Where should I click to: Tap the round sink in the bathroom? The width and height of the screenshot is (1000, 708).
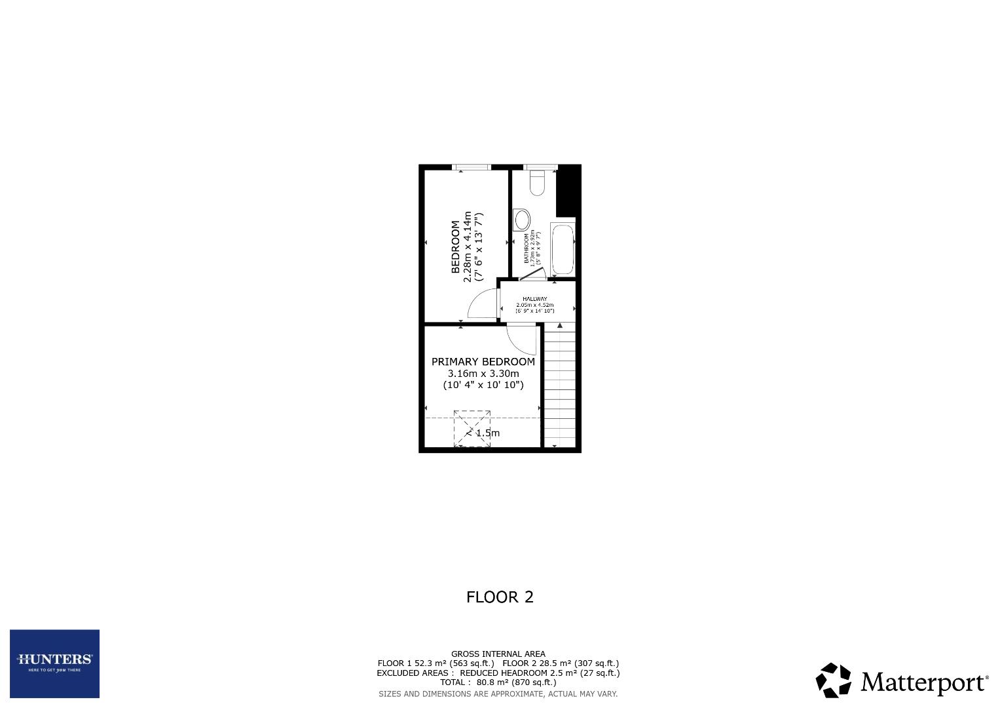coord(523,218)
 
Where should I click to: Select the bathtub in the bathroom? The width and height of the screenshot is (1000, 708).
coord(563,250)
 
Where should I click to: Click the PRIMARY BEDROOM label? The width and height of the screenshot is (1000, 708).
coord(483,362)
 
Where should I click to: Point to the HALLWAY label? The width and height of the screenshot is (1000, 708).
coord(534,299)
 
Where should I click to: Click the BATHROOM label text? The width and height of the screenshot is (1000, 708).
coord(526,248)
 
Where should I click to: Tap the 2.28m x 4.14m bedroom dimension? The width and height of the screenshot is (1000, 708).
coord(468,246)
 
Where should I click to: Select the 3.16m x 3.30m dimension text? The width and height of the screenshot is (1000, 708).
coord(483,374)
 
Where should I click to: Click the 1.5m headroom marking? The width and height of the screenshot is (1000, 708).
coord(487,433)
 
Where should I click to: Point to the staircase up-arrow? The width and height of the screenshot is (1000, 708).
coord(559,325)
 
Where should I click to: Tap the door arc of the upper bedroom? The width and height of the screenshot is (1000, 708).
coord(481,304)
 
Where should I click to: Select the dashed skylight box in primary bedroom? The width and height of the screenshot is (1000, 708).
coord(472,429)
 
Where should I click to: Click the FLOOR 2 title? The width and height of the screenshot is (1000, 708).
coord(500,597)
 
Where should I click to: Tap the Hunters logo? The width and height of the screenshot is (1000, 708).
coord(54,663)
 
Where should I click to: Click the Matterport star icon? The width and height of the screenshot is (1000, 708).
coord(834,680)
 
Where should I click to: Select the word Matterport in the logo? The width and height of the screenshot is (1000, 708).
coord(923,682)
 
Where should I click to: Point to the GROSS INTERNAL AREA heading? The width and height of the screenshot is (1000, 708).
coord(498,654)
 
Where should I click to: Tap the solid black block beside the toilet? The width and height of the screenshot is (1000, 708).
coord(567,191)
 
